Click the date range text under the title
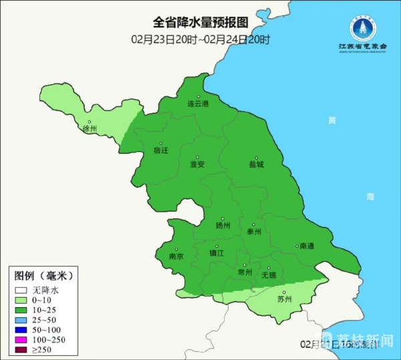[200, 39]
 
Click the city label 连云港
[197, 104]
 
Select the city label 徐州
[89, 128]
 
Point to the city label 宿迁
[160, 151]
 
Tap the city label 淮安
[197, 164]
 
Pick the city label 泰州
[254, 232]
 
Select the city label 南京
[176, 256]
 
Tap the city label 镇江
[217, 253]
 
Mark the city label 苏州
[285, 300]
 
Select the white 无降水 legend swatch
[21, 290]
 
